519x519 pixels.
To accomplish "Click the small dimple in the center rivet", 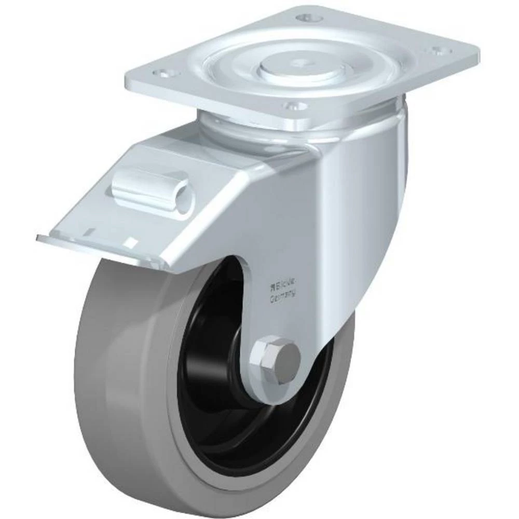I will (x=302, y=64).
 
